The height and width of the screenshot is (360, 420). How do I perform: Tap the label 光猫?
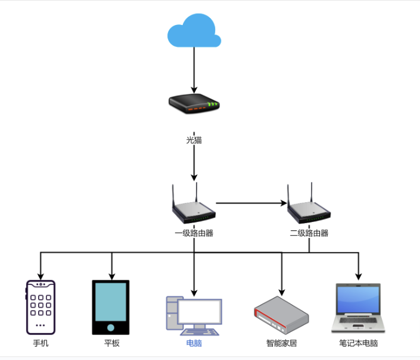pyautogui.click(x=194, y=140)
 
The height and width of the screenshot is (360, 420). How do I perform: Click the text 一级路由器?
pyautogui.click(x=194, y=233)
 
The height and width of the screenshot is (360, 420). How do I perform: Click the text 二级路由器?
pyautogui.click(x=309, y=233)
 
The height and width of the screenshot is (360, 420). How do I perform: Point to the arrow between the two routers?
pyautogui.click(x=251, y=203)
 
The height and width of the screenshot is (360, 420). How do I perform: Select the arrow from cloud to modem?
pyautogui.click(x=194, y=68)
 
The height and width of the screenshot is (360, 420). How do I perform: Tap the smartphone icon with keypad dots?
pyautogui.click(x=41, y=307)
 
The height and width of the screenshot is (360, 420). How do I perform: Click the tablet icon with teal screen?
pyautogui.click(x=110, y=307)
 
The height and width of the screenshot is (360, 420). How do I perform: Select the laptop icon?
pyautogui.click(x=359, y=308)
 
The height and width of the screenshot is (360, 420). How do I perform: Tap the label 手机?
pyautogui.click(x=41, y=343)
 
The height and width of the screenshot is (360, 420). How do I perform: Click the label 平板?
pyautogui.click(x=111, y=343)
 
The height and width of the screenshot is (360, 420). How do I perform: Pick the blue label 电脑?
pyautogui.click(x=194, y=343)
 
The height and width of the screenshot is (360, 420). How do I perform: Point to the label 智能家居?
pyautogui.click(x=282, y=343)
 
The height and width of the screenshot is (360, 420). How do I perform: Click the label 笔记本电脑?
pyautogui.click(x=359, y=343)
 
